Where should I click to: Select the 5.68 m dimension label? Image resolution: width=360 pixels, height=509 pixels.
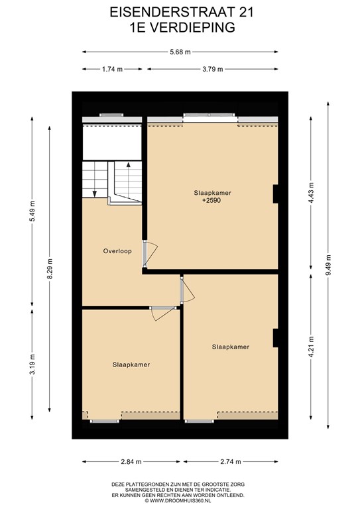[x=179, y=52]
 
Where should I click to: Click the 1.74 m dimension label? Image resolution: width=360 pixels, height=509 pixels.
[x=112, y=69]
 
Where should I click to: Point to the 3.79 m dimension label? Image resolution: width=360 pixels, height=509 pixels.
[x=212, y=69]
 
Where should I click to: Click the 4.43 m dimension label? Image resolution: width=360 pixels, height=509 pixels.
[x=312, y=192]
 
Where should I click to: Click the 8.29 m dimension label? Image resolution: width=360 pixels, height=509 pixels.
[x=49, y=268]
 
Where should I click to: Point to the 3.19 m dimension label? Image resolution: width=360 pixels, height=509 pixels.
[x=31, y=364]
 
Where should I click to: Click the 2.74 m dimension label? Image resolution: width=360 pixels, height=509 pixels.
[x=230, y=461]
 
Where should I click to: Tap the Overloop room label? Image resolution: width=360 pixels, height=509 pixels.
[x=117, y=251]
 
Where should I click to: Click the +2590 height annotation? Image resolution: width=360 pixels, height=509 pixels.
[x=211, y=200]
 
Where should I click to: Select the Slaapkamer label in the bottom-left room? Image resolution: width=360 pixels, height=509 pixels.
[x=131, y=365]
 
